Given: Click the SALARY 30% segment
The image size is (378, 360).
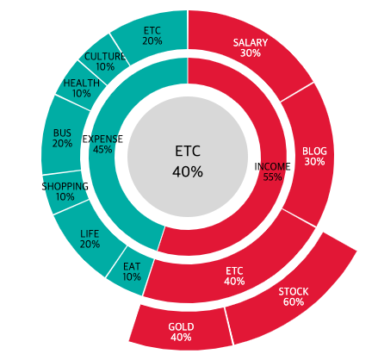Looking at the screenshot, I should tap(251, 47).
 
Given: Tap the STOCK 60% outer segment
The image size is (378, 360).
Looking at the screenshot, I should tap(294, 296).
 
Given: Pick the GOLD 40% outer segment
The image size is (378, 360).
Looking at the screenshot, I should tap(181, 332).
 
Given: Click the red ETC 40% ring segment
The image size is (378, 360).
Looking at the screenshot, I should tap(233, 276).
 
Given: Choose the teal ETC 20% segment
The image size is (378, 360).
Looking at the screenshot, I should tap(152, 35).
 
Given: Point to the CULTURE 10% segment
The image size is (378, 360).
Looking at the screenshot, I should tap(105, 61).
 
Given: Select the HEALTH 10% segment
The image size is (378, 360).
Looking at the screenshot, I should tap(81, 89).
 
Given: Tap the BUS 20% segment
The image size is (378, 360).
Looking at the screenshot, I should tap(62, 138).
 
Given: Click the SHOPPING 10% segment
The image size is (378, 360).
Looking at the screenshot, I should tap(65, 191).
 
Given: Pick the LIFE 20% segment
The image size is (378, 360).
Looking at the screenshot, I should tap(90, 239).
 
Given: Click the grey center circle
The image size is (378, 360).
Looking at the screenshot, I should tap(188, 161).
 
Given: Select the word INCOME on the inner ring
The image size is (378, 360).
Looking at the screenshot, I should tap(273, 166).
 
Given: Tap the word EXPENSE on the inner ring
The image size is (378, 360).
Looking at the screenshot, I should tap(102, 139).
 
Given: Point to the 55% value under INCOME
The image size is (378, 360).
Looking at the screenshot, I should tap(273, 177).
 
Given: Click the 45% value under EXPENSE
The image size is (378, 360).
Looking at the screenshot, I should tap(102, 150).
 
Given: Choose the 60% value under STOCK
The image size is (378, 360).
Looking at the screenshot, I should tap(294, 302).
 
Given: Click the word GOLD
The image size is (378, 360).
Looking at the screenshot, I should tap(181, 326).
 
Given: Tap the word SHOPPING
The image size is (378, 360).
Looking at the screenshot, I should tap(65, 186).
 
